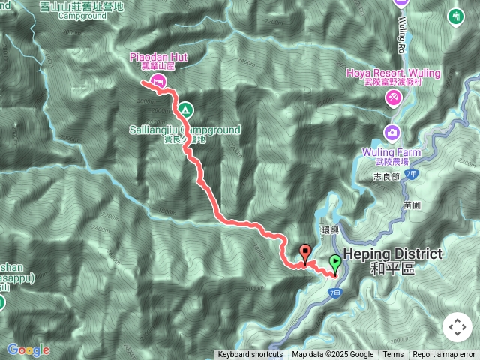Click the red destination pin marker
[305, 253]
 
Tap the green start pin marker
[334, 263]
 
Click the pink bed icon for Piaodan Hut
[157, 80]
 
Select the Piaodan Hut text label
[157, 56]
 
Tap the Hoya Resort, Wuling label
[393, 73]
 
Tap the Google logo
[28, 349]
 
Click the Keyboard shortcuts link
[250, 355]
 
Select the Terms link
[393, 355]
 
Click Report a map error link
[444, 355]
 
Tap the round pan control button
[457, 328]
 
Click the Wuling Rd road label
[403, 29]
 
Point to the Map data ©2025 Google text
[332, 355]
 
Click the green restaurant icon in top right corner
[456, 16]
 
